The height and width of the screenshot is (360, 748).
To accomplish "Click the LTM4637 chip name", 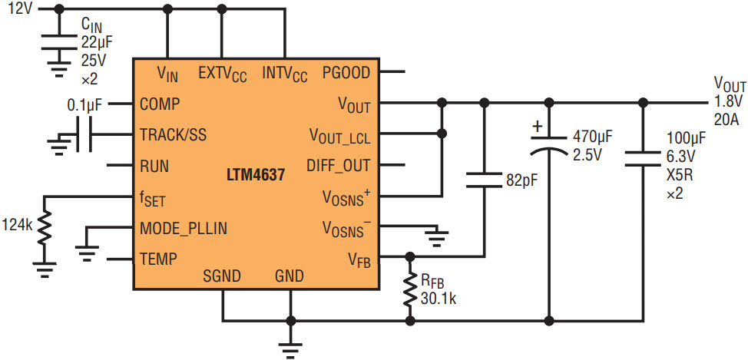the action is pyautogui.click(x=256, y=176).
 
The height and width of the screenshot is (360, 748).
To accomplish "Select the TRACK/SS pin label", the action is pyautogui.click(x=174, y=135).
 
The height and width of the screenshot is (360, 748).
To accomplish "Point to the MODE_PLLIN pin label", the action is pyautogui.click(x=184, y=229).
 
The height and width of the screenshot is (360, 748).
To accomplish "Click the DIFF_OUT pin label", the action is pyautogui.click(x=338, y=166).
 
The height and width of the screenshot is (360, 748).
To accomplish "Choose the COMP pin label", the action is pyautogui.click(x=160, y=104).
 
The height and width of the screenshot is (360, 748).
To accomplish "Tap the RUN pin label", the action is pyautogui.click(x=154, y=166).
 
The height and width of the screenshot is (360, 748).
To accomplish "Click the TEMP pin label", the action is pyautogui.click(x=158, y=259).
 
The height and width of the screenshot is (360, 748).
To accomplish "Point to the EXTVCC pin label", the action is pyautogui.click(x=223, y=74).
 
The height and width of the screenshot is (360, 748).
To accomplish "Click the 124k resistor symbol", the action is pyautogui.click(x=44, y=229).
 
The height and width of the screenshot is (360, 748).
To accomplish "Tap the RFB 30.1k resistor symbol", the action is pyautogui.click(x=409, y=289).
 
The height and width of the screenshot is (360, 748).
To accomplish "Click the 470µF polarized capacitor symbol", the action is pyautogui.click(x=549, y=144).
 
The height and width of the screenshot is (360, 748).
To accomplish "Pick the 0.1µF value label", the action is pyautogui.click(x=84, y=104).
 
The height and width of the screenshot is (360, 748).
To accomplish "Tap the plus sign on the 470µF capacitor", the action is pyautogui.click(x=538, y=127).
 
